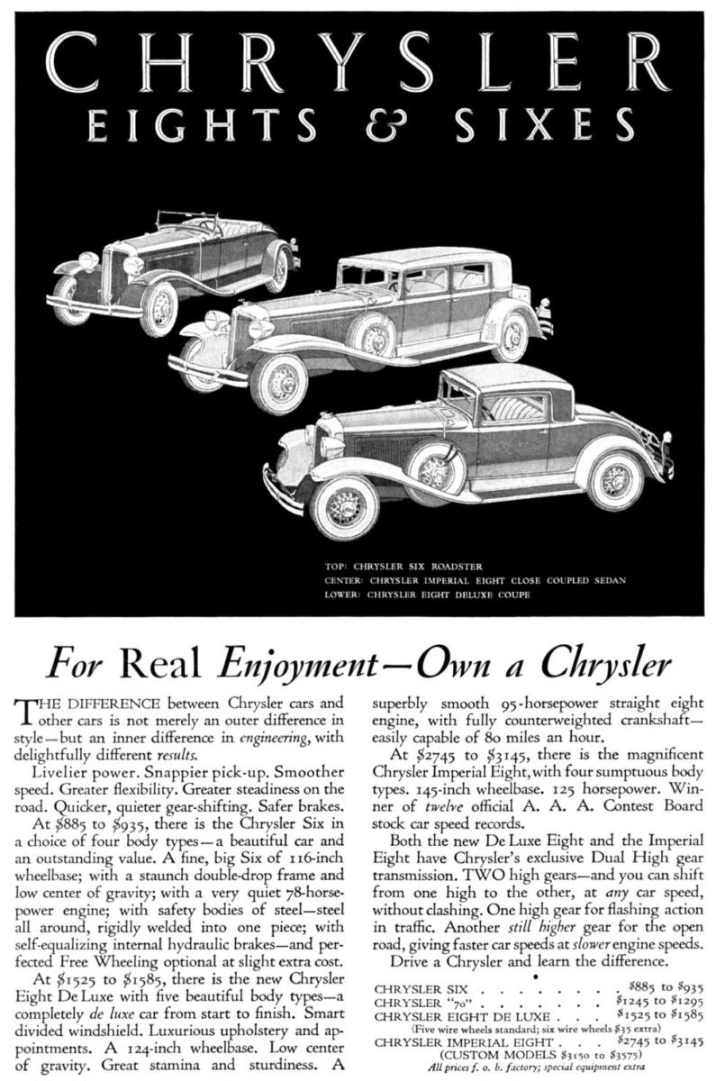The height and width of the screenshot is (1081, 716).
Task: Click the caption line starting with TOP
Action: coord(405,568)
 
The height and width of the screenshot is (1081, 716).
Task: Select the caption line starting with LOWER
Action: coord(427,595)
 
